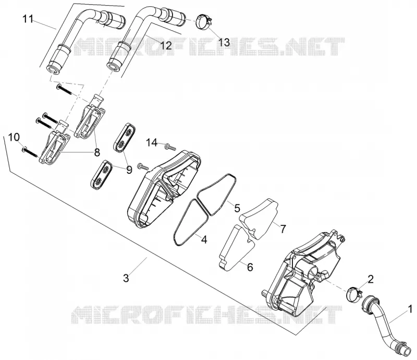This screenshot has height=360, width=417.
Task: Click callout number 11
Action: [28, 19]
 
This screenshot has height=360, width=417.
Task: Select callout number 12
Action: [166, 45]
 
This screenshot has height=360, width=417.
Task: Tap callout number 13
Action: [224, 42]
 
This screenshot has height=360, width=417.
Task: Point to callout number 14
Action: [152, 143]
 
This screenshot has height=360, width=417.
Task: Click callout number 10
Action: [14, 137]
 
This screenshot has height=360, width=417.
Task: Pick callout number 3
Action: [126, 278]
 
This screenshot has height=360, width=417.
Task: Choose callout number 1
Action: [410, 309]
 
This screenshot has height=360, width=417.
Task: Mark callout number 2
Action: [371, 279]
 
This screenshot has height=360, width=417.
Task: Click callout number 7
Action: [283, 229]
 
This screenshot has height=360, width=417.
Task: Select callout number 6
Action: [250, 267]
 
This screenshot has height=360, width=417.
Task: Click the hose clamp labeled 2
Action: [354, 293]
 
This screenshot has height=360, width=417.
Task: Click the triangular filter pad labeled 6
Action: [237, 248]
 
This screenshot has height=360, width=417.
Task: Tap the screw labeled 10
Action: [30, 152]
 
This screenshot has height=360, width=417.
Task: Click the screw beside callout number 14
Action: [170, 147]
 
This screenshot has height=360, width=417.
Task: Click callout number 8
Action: [97, 152]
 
